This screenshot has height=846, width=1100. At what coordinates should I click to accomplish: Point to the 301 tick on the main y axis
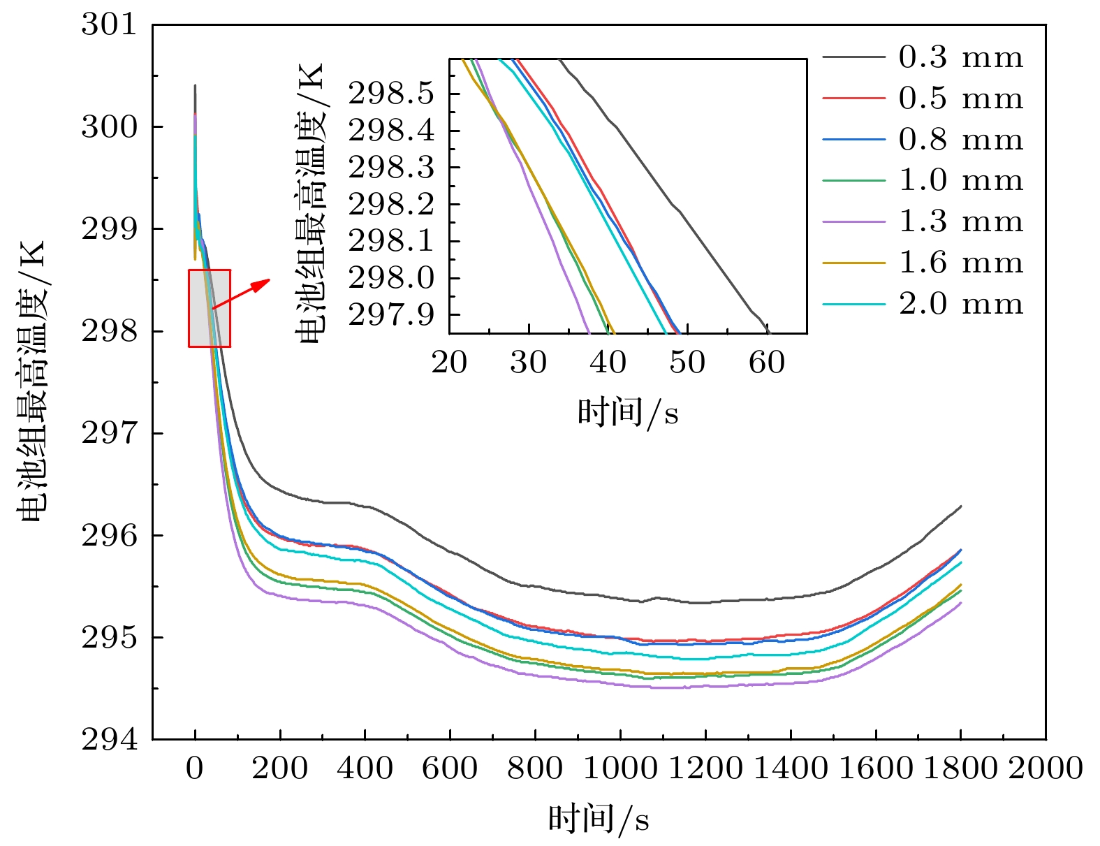(x=110, y=24)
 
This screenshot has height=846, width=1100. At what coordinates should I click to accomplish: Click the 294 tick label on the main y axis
(x=110, y=739)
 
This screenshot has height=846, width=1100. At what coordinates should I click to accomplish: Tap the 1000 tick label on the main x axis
(x=620, y=768)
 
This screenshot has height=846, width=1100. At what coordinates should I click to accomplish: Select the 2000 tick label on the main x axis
(x=1045, y=768)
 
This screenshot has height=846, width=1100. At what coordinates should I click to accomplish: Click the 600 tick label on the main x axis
(x=450, y=768)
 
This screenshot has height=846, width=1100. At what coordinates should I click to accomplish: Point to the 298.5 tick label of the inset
(x=391, y=94)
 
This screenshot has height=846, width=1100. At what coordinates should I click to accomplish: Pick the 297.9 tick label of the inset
(x=391, y=315)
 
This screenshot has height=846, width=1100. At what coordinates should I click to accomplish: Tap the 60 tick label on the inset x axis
(x=767, y=363)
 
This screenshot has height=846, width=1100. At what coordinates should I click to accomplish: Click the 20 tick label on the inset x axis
(x=449, y=363)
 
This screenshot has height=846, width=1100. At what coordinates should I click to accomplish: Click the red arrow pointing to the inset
(x=241, y=293)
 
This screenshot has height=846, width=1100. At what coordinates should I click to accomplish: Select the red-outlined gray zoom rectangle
(x=210, y=308)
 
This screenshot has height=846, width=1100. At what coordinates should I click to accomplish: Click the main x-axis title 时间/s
(x=599, y=818)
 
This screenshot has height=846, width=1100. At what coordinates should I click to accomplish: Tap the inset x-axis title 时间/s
(x=627, y=411)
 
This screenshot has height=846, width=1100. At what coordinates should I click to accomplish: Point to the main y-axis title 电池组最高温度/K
(x=32, y=381)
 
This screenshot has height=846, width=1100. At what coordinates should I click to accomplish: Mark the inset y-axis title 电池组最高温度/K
(x=311, y=203)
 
